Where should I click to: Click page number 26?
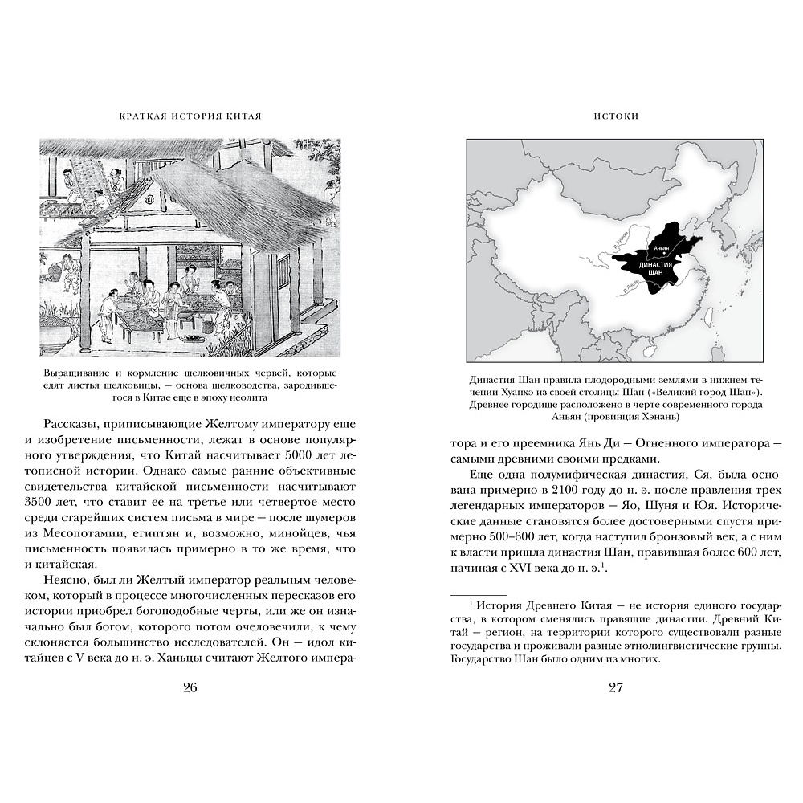190,687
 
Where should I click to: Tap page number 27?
616,687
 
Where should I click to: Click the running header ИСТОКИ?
616,116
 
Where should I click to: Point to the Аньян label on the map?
662,239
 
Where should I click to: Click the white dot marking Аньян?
662,247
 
